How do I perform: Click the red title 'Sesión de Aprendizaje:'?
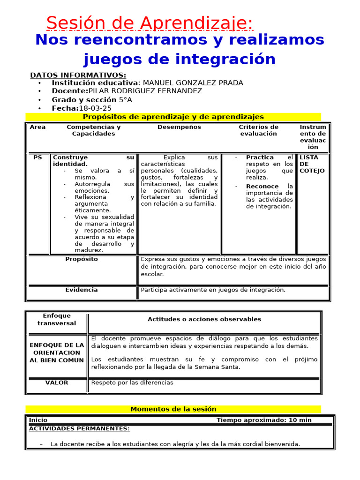(x=150, y=22)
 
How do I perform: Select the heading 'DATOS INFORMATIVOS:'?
(x=78, y=75)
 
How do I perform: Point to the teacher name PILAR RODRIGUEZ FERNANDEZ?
(x=145, y=91)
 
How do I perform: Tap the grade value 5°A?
(x=125, y=99)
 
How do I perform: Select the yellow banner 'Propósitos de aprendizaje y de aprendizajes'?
(x=173, y=117)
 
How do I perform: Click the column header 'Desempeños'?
(x=179, y=127)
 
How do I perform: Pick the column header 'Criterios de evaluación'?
(x=258, y=130)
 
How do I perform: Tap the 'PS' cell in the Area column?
(x=37, y=157)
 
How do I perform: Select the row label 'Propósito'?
(x=82, y=259)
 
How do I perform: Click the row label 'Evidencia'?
(x=82, y=290)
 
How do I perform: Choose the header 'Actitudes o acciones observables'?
(x=204, y=319)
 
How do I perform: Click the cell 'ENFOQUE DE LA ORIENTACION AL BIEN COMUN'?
(x=57, y=352)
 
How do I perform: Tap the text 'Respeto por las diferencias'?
(x=132, y=382)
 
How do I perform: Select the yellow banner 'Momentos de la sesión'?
(x=173, y=409)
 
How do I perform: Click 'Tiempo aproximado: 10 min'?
(x=264, y=420)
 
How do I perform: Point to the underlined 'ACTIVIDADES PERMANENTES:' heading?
(x=79, y=428)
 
